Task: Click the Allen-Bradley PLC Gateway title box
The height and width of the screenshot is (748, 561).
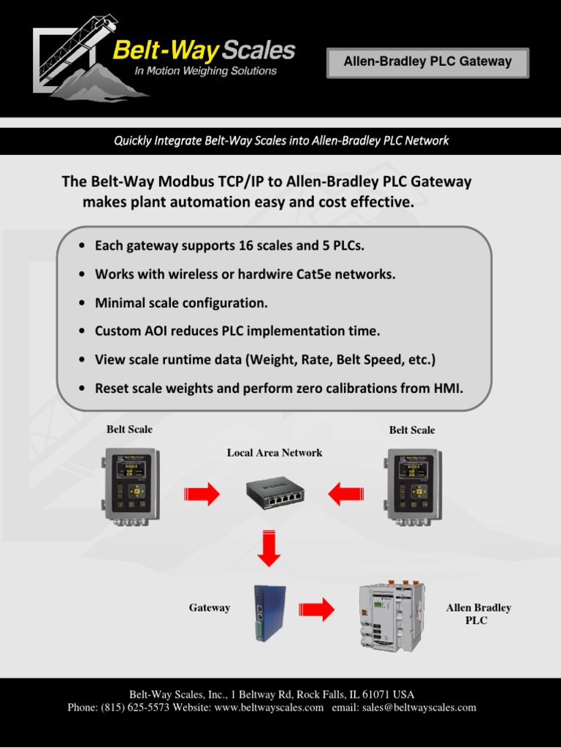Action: [x=427, y=62]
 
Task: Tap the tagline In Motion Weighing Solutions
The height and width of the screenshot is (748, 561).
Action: [x=205, y=71]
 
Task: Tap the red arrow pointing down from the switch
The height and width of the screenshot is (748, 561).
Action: [x=270, y=549]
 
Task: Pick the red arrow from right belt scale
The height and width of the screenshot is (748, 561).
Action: [x=346, y=495]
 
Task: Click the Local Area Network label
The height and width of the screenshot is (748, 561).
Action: [x=275, y=453]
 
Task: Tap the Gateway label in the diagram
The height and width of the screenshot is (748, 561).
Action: [x=210, y=608]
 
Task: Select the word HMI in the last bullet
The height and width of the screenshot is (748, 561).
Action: [x=449, y=388]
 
